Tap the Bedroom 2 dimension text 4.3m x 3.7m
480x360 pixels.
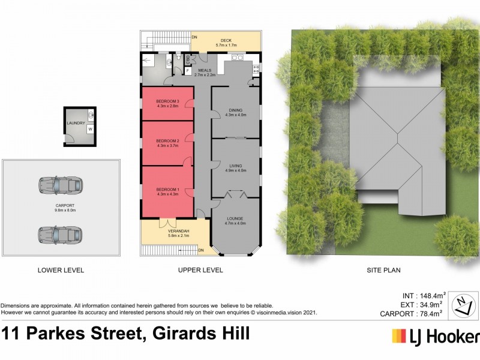[x=167, y=146]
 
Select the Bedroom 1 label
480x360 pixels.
[x=167, y=189]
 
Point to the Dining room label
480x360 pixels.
[x=235, y=110]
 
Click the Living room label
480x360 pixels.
[x=235, y=166]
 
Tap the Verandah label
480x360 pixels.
[x=178, y=231]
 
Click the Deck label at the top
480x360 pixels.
[x=226, y=40]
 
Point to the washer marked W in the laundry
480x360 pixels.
[x=90, y=128]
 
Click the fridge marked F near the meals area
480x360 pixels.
[x=188, y=71]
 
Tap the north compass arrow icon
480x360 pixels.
[x=461, y=304]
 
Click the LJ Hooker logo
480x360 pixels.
[x=435, y=336]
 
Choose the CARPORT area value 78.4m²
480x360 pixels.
[x=430, y=313]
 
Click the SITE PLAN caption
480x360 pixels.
[x=383, y=271]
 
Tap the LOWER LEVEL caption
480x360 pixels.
[x=61, y=271]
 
